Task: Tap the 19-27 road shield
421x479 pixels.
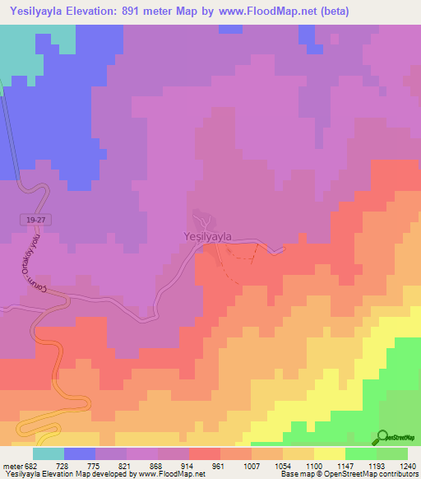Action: [31, 218]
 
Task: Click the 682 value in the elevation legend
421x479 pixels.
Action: [25, 467]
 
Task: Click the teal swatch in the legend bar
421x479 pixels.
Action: [49, 453]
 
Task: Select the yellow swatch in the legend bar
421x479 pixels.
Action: [330, 453]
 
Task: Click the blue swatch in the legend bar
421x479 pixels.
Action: [80, 453]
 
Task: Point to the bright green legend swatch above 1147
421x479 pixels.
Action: [361, 453]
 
